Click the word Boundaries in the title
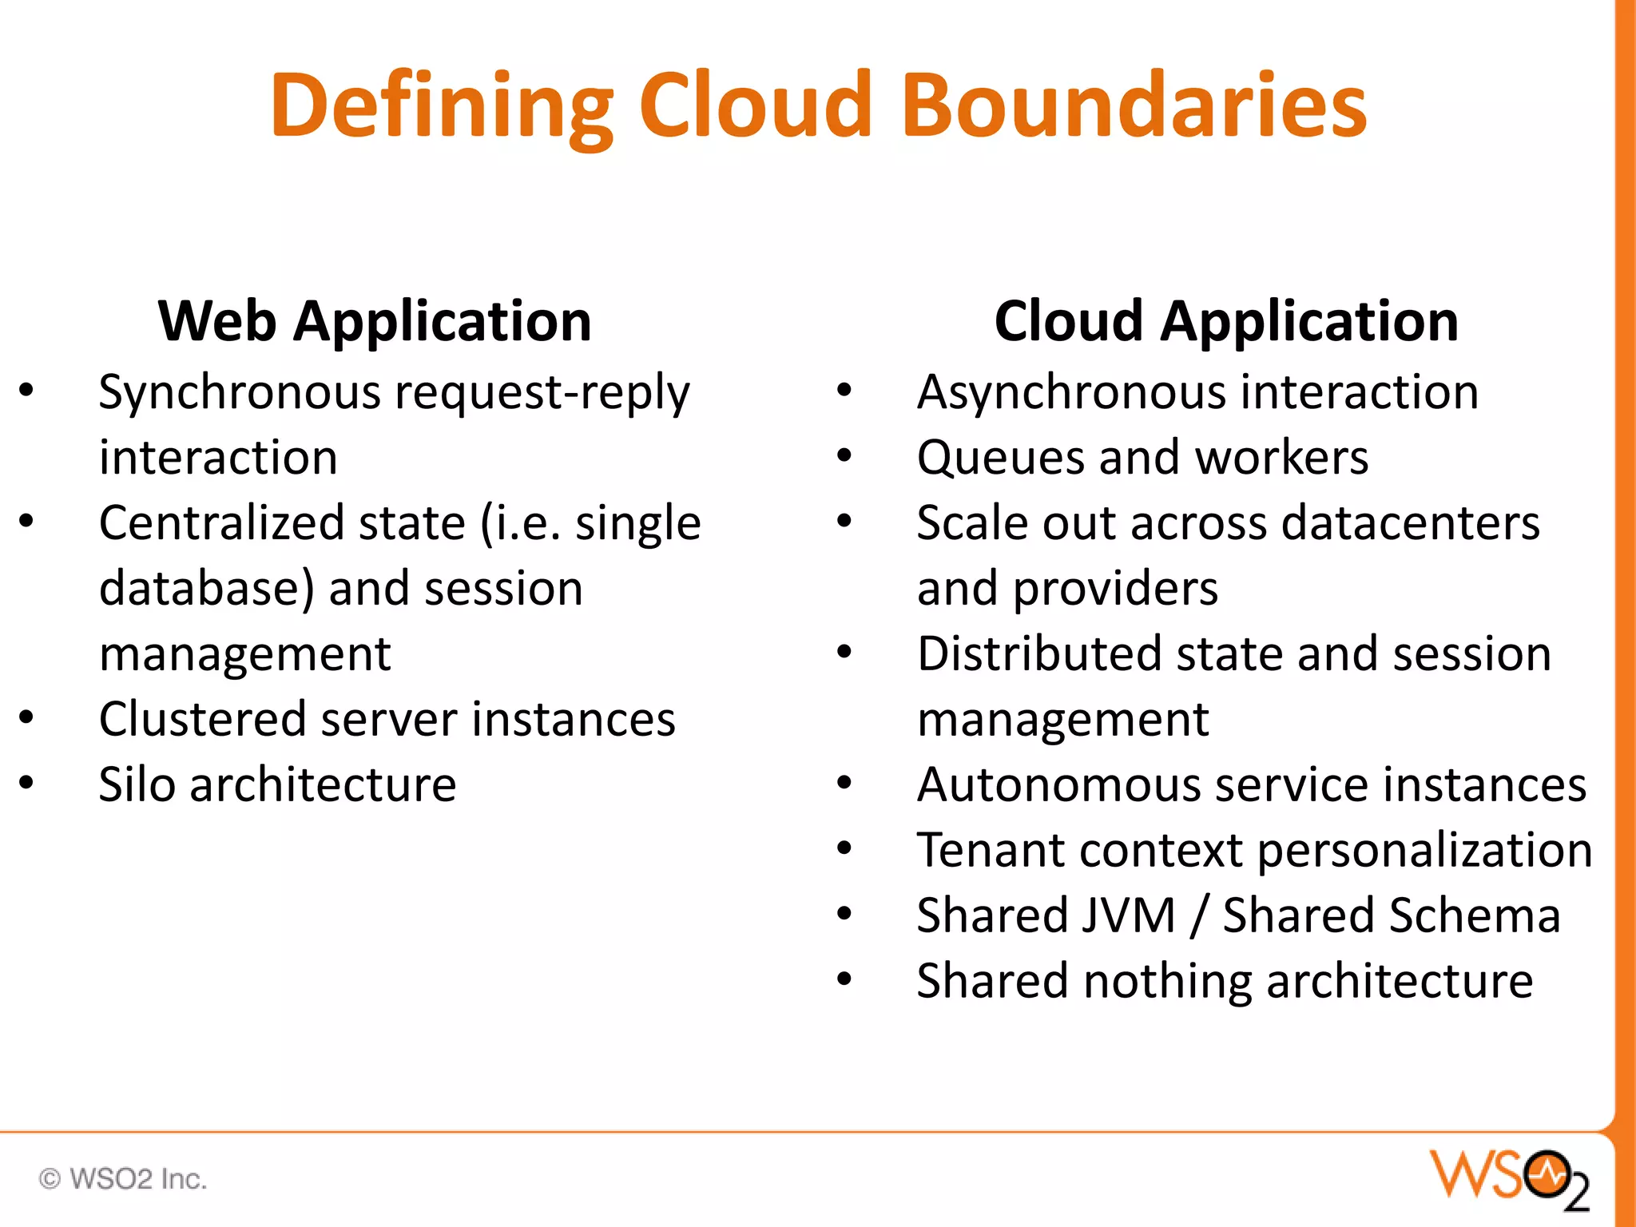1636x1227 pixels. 1138,106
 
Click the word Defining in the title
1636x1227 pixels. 441,106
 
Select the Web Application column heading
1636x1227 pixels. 375,321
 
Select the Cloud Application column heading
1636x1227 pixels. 1226,321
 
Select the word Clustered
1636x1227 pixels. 202,719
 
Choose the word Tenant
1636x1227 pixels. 990,850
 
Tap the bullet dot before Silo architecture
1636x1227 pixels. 27,783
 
